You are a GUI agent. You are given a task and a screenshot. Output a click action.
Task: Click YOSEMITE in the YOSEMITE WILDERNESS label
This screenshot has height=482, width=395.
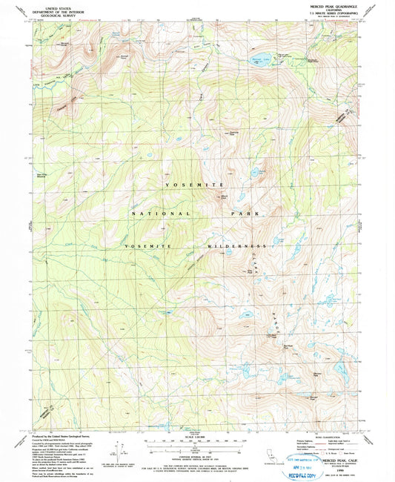pyautogui.click(x=151, y=245)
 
